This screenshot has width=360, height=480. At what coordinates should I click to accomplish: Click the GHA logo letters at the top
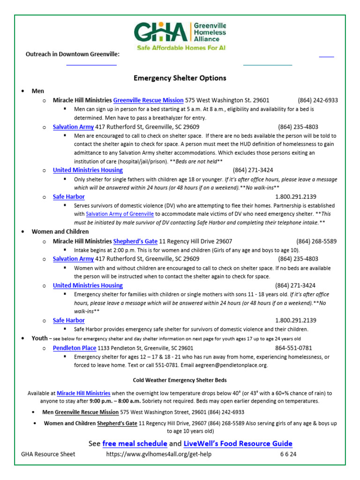pos(161,32)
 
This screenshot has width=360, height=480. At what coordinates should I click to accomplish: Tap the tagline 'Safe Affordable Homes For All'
pos(180,48)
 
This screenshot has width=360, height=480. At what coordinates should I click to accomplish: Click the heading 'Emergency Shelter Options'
pos(180,78)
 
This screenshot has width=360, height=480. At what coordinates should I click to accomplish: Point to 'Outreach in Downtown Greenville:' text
pos(72,54)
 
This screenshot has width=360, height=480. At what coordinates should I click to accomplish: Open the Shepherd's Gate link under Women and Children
pos(135,241)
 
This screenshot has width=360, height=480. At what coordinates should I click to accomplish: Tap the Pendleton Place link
pos(75,348)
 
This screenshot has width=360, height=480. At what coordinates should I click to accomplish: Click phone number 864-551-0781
pos(293,348)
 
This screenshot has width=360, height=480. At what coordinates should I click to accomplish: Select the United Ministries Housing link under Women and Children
pos(88,285)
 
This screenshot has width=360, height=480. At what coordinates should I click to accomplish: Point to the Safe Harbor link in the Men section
pos(69,197)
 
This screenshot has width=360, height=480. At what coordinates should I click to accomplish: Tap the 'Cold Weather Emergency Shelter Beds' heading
pos(180,380)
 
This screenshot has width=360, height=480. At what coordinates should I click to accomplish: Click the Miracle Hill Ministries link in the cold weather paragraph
pos(83,393)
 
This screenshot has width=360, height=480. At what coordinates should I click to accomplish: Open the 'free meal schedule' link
pos(135,443)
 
